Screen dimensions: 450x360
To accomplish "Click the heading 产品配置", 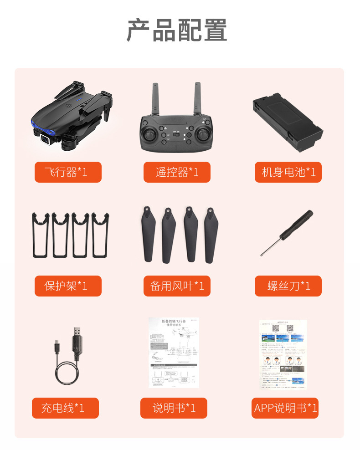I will pyautogui.click(x=177, y=31).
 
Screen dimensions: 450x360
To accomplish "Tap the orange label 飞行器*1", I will pyautogui.click(x=68, y=172).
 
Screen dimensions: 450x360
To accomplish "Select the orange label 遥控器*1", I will pyautogui.click(x=177, y=172).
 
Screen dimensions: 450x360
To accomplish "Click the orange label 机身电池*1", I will pyautogui.click(x=288, y=172).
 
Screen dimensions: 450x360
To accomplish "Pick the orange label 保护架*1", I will pyautogui.click(x=68, y=286).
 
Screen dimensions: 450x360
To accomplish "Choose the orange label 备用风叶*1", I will pyautogui.click(x=177, y=286).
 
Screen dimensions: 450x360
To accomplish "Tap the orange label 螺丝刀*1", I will pyautogui.click(x=288, y=286).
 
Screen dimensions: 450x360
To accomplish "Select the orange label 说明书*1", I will pyautogui.click(x=174, y=408).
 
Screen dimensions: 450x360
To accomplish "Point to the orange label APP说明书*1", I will pyautogui.click(x=285, y=408).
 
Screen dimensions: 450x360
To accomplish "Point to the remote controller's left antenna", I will pyautogui.click(x=154, y=98).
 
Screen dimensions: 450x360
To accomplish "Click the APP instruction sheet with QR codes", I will pyautogui.click(x=283, y=354).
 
